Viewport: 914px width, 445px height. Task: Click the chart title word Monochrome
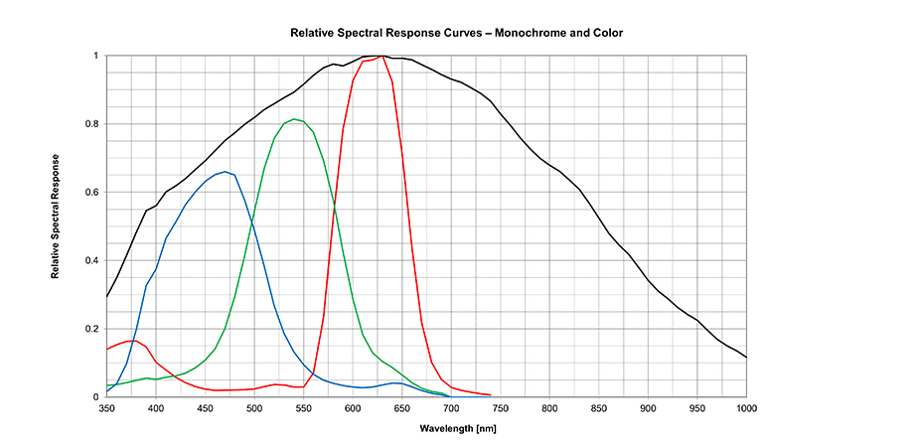point(529,33)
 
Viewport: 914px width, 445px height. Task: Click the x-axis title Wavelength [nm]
point(426,428)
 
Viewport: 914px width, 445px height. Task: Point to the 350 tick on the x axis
point(107,407)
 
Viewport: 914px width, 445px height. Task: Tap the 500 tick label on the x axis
point(255,407)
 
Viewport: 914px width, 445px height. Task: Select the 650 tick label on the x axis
point(402,407)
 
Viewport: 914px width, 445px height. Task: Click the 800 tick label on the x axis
point(550,407)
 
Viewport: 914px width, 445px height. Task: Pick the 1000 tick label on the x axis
point(746,407)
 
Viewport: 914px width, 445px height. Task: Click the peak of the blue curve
point(227,172)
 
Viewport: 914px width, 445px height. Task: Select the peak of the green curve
point(295,119)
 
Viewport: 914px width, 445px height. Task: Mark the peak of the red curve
point(382,57)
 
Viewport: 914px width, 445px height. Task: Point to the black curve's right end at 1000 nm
point(746,358)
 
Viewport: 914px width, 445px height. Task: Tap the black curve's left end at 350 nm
point(107,296)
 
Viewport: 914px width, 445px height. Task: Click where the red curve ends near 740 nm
point(491,394)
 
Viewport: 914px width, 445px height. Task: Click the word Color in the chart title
point(607,33)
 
